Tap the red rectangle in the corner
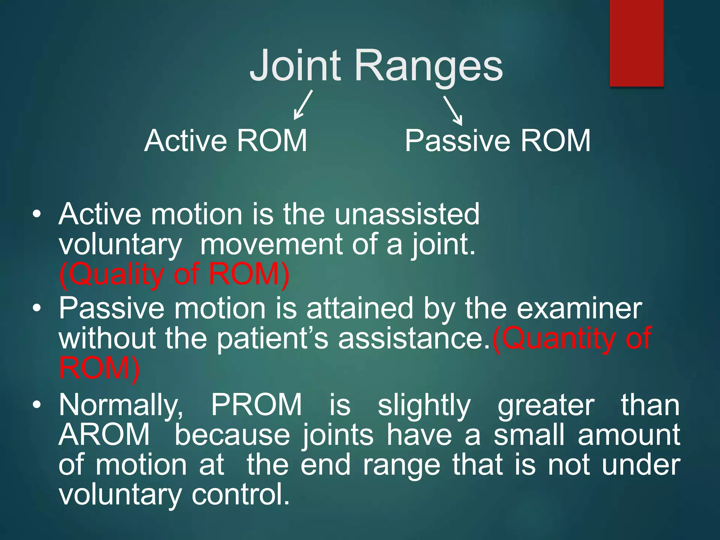(636, 43)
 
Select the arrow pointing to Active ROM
(303, 105)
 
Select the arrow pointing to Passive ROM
(453, 110)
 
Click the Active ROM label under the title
(226, 141)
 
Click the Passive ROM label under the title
(497, 141)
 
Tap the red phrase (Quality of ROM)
(174, 275)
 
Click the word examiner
(579, 309)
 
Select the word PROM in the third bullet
(256, 405)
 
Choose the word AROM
(104, 435)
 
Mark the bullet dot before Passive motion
(37, 309)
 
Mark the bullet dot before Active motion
(37, 214)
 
